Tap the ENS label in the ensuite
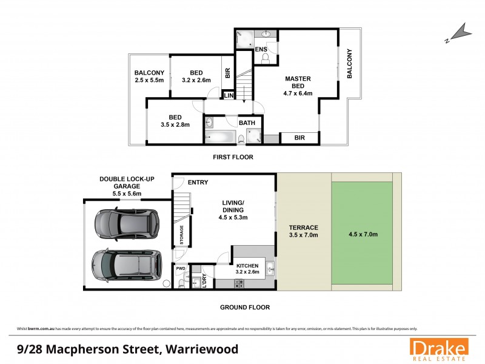261,49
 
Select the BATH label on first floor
247,123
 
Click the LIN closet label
229,96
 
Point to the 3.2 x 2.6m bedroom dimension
196,79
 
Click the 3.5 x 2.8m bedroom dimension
175,124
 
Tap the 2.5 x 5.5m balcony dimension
149,79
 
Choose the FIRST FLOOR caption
232,157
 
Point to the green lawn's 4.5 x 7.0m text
363,234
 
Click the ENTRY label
198,182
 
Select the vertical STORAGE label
181,234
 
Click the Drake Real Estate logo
438,349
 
